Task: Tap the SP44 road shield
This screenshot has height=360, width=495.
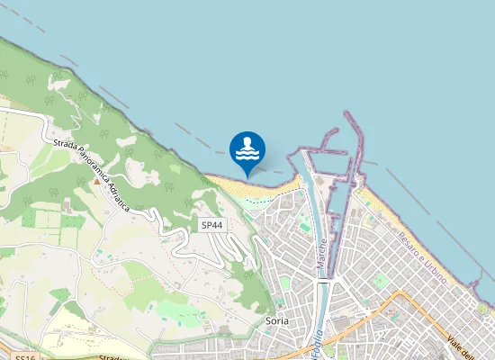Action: tap(211, 225)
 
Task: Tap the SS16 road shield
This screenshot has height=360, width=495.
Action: tap(24, 357)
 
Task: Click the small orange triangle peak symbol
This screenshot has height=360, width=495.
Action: tap(96, 181)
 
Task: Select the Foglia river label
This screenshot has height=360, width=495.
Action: tap(317, 342)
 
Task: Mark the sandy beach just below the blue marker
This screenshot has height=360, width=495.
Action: tap(256, 187)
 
